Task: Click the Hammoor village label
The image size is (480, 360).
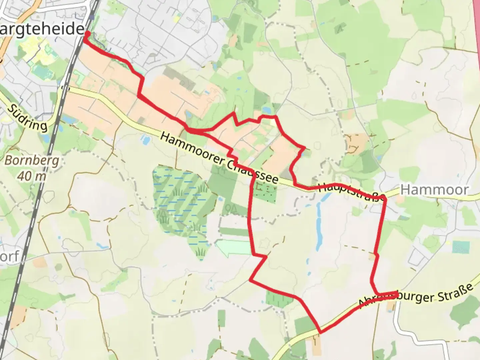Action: [x=434, y=190]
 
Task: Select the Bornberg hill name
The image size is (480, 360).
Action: [x=32, y=161]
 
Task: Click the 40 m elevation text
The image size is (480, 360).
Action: [x=31, y=176]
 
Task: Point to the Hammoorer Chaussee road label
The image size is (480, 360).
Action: [x=219, y=158]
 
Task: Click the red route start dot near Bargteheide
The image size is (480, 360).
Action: [x=87, y=33]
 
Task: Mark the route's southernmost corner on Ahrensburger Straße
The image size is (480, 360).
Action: [x=320, y=332]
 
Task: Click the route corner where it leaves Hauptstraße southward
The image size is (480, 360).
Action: [x=385, y=199]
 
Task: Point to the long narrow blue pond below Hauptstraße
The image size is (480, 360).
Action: [x=319, y=227]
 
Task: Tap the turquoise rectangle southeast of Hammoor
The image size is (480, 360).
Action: [x=461, y=247]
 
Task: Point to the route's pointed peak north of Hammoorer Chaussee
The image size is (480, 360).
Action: [x=234, y=113]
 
